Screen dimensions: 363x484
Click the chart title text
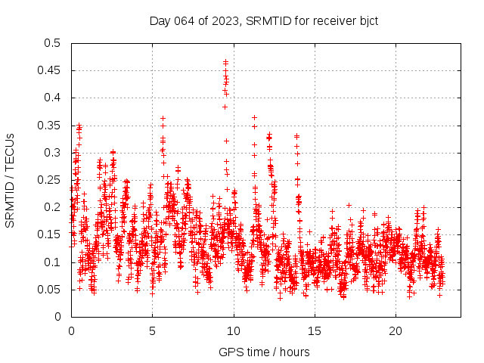click(x=263, y=20)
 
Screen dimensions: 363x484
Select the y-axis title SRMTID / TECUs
click(x=10, y=180)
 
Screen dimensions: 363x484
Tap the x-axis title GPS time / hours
click(x=263, y=352)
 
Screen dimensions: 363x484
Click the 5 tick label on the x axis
click(x=152, y=330)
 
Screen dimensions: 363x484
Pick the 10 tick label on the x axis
click(x=234, y=330)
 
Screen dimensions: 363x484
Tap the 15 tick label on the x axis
click(x=315, y=330)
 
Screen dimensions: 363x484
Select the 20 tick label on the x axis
click(x=396, y=330)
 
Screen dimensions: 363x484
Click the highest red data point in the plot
click(x=225, y=61)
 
